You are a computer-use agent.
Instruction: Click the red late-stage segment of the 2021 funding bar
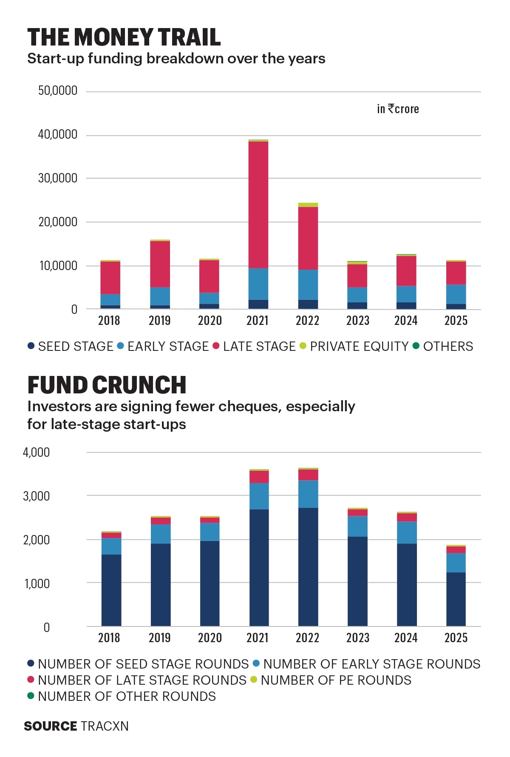pyautogui.click(x=258, y=205)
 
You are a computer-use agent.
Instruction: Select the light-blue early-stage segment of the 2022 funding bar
pyautogui.click(x=308, y=285)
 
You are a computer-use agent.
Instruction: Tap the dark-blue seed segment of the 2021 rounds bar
pyautogui.click(x=259, y=568)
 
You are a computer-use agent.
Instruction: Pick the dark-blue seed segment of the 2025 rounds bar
pyautogui.click(x=456, y=599)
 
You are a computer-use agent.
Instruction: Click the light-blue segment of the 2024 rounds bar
pyautogui.click(x=406, y=532)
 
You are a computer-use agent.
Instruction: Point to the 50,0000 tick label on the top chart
pyautogui.click(x=58, y=91)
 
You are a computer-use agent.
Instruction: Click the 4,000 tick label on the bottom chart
pyautogui.click(x=37, y=452)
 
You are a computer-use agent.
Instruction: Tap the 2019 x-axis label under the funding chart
pyautogui.click(x=159, y=320)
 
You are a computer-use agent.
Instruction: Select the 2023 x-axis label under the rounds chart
pyautogui.click(x=357, y=637)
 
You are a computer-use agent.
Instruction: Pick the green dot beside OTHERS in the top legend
pyautogui.click(x=416, y=346)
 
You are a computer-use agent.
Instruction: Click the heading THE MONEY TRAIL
pyautogui.click(x=124, y=37)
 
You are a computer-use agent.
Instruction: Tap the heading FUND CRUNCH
pyautogui.click(x=107, y=385)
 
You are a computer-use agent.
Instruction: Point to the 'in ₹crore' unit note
pyautogui.click(x=398, y=109)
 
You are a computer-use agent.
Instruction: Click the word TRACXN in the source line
pyautogui.click(x=105, y=726)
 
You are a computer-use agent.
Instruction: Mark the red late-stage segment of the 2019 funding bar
pyautogui.click(x=160, y=264)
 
